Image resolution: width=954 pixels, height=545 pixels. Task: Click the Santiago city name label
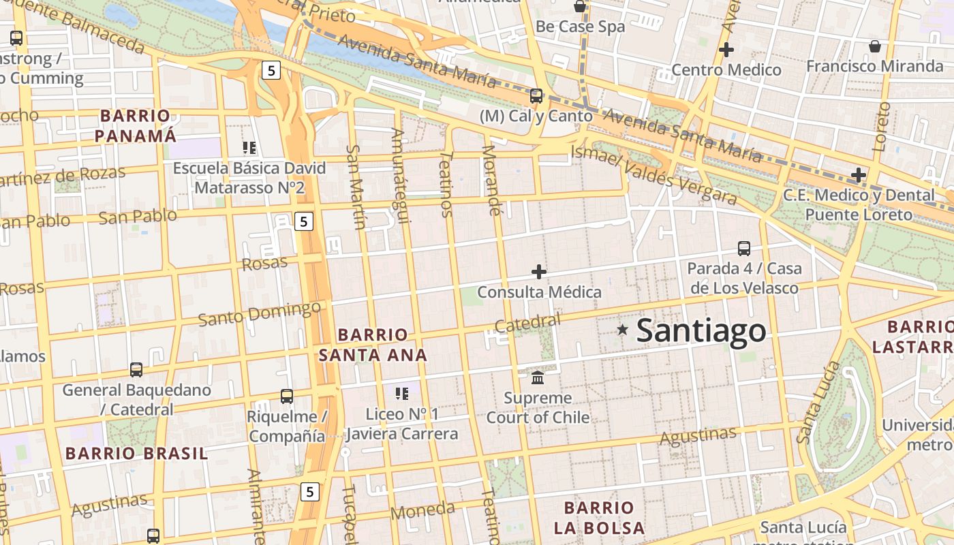coord(701,331)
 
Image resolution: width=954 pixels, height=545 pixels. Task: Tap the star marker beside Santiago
coord(622,330)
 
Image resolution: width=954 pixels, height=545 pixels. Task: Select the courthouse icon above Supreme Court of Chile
coord(538,377)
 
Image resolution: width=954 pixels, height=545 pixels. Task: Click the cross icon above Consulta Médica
coord(539,272)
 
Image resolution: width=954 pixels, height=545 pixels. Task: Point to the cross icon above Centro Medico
coord(726,49)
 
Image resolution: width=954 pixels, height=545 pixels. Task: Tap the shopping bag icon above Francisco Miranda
coord(874,46)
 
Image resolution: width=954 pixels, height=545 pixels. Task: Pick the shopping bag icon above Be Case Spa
coord(580,7)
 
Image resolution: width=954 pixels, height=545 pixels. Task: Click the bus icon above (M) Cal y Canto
coord(536,95)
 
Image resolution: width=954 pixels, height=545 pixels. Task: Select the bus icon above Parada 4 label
coord(744,248)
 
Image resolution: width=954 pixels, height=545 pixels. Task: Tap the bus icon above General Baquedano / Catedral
coord(136,369)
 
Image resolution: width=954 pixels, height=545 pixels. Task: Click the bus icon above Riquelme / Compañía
coord(287,396)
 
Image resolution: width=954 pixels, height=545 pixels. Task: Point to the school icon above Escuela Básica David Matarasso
coord(249,147)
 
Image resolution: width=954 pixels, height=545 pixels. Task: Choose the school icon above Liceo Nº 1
coord(401,393)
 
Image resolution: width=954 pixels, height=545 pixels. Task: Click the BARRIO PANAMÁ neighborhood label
coord(135,125)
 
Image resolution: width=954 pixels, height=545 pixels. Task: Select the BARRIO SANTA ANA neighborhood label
coord(373,345)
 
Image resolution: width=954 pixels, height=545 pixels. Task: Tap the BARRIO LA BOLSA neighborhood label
coord(599,518)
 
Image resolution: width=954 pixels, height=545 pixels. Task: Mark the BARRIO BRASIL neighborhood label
coord(136,453)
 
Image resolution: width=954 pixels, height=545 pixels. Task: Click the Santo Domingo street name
coord(259,313)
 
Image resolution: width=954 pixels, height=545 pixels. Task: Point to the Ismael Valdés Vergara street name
coord(654,176)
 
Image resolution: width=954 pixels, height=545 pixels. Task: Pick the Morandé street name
coord(491,181)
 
